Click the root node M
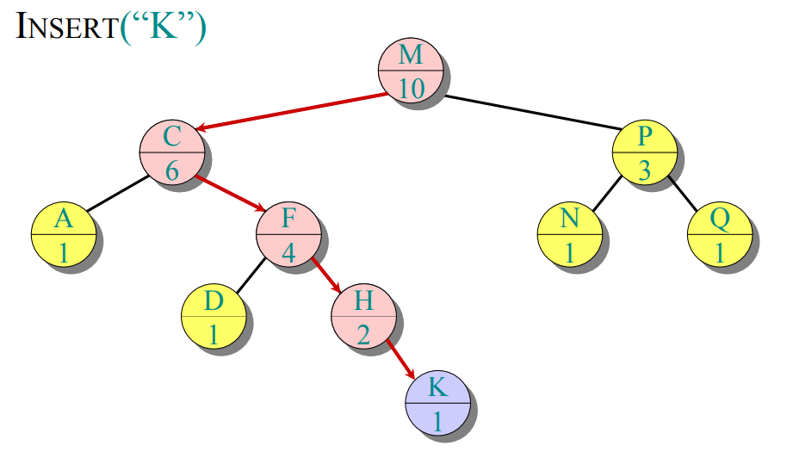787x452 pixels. click(x=411, y=71)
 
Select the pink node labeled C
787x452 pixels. click(x=172, y=152)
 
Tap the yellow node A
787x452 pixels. click(x=63, y=233)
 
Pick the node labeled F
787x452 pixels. click(x=288, y=233)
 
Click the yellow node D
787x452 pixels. click(x=214, y=316)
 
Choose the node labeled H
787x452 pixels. click(x=363, y=316)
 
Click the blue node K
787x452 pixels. click(x=437, y=402)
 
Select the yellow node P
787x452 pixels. click(x=645, y=152)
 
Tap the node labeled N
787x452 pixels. click(x=569, y=233)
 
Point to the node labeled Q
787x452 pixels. click(x=720, y=233)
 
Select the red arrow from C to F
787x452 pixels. click(x=231, y=193)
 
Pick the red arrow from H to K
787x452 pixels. click(x=401, y=358)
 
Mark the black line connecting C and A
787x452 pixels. click(x=117, y=193)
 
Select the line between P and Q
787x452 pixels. click(x=684, y=194)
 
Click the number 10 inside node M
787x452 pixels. click(x=411, y=86)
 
